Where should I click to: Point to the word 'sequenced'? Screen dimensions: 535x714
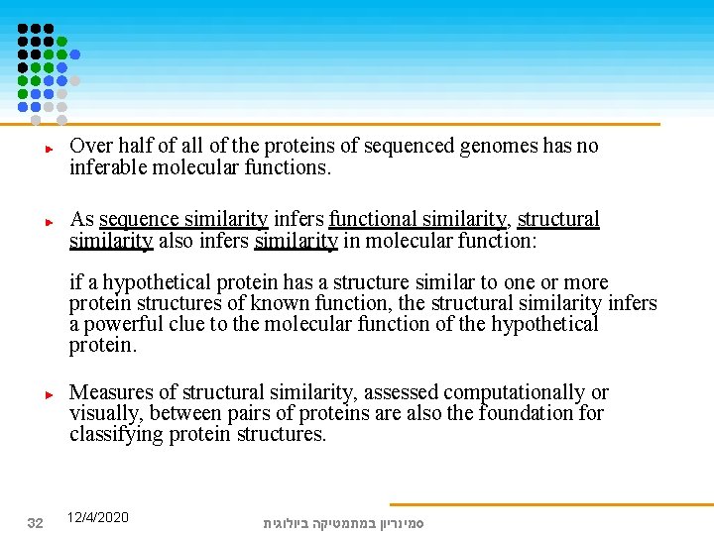point(410,147)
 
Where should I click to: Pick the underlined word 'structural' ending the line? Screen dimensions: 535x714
point(558,219)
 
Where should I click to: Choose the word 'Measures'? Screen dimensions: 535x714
point(109,392)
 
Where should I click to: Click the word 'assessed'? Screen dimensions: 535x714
point(403,392)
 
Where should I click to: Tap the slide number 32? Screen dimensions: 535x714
point(35,522)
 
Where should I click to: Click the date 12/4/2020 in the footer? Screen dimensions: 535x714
point(97,518)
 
